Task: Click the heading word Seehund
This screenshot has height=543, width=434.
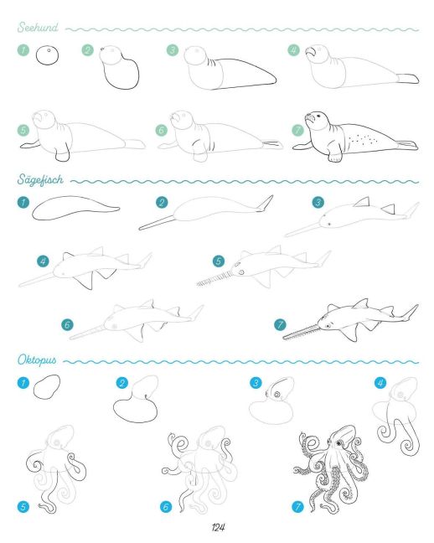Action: pos(38,27)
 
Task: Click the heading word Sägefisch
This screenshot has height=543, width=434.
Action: pos(40,179)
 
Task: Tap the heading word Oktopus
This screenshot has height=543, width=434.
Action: pos(37,360)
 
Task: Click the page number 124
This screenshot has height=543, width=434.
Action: pos(218,527)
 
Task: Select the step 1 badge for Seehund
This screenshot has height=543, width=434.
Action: pos(23,50)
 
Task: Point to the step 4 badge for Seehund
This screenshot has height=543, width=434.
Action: pos(293,50)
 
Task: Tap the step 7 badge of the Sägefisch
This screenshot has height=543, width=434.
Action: pos(280,325)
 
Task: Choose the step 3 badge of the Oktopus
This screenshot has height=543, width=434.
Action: pos(256,383)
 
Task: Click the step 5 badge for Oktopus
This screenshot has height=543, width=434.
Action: pos(23,507)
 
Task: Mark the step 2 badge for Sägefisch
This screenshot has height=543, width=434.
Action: pos(162,202)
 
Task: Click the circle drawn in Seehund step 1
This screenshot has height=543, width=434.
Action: pos(47,55)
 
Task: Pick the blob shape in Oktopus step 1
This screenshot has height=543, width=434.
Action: pos(46,386)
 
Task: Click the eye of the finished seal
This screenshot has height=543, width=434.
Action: pos(318,116)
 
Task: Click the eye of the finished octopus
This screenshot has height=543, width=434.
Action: pos(338,443)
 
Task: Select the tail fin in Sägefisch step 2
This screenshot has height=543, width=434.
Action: pos(265,204)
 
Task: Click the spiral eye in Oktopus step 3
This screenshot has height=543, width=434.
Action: pos(276,395)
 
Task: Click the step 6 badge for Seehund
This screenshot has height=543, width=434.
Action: pos(161,130)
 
